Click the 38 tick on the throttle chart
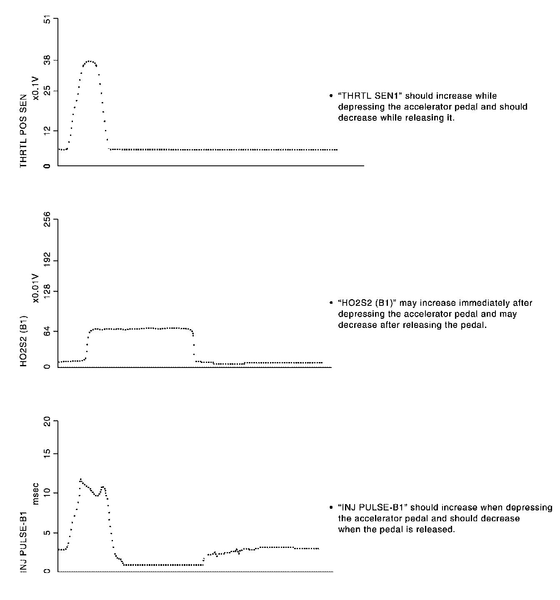point(47,61)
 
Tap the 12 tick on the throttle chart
point(47,130)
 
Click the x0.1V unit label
point(36,88)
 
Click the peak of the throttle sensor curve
point(89,61)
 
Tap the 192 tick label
point(47,260)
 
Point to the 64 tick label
point(47,331)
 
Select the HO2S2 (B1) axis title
point(24,342)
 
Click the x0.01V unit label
point(36,288)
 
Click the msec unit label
point(36,493)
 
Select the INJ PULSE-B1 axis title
point(24,535)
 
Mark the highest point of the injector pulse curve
point(80,479)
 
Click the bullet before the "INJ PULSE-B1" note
point(331,508)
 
